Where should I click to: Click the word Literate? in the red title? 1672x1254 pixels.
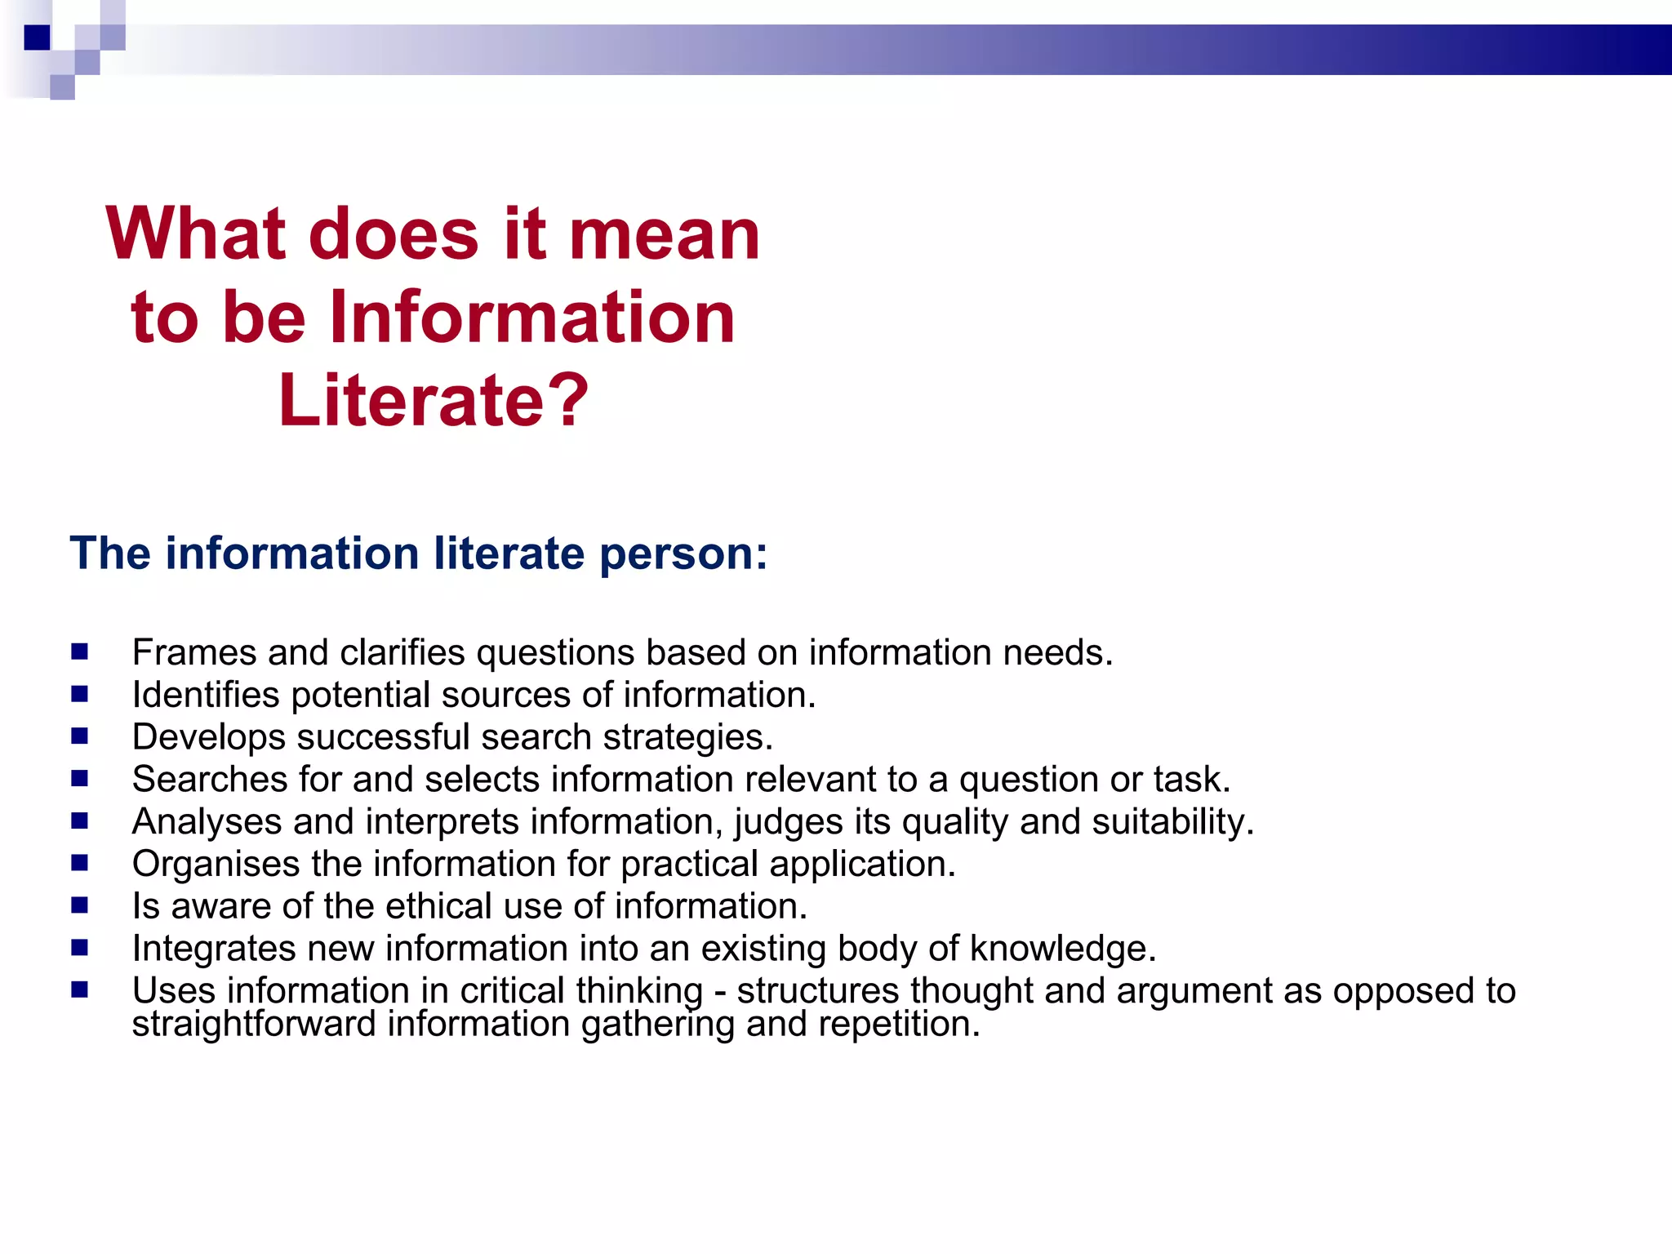pyautogui.click(x=433, y=400)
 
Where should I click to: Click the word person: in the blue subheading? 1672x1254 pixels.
pyautogui.click(x=683, y=554)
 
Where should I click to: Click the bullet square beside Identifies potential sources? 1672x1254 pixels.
pyautogui.click(x=79, y=694)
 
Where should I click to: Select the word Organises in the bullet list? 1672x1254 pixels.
pyautogui.click(x=216, y=864)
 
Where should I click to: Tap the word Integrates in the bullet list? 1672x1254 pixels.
pyautogui.click(x=214, y=949)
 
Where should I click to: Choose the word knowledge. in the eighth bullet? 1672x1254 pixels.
pyautogui.click(x=1062, y=949)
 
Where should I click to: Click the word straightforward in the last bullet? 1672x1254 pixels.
pyautogui.click(x=254, y=1024)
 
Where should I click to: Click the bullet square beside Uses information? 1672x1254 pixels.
pyautogui.click(x=79, y=989)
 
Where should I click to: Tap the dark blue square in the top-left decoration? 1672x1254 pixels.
pyautogui.click(x=37, y=38)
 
